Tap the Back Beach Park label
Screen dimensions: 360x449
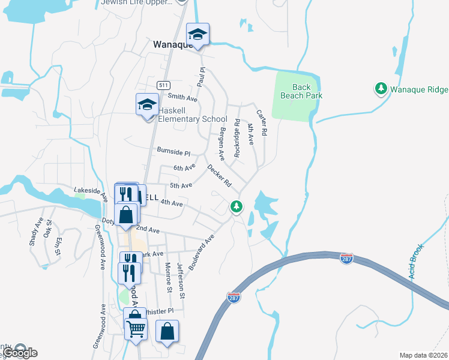coord(307,91)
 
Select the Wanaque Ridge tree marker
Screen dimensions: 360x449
coord(381,89)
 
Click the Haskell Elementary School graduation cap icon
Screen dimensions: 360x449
coord(146,106)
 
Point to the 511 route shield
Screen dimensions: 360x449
coord(163,86)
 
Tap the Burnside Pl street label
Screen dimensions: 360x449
coord(173,153)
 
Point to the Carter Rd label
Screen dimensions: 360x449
coord(261,122)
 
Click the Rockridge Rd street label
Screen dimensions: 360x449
coord(237,139)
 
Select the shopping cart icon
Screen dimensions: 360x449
coord(136,328)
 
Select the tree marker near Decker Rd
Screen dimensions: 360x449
coord(237,206)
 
